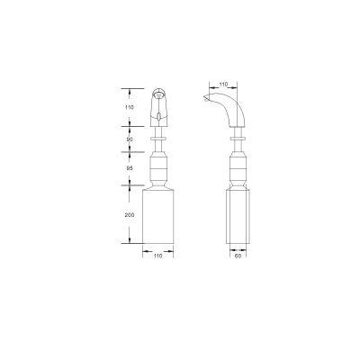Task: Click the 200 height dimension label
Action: coord(130,215)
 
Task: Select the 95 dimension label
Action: coord(130,168)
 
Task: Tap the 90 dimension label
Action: coord(130,139)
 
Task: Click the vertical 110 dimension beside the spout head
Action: coord(130,107)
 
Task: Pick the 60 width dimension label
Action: coord(238,256)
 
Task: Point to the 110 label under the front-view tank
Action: coord(157,256)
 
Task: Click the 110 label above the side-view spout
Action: coord(223,85)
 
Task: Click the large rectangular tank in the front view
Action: coord(158,216)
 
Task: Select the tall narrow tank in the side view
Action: coord(238,216)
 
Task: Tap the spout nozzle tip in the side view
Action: coord(205,97)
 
